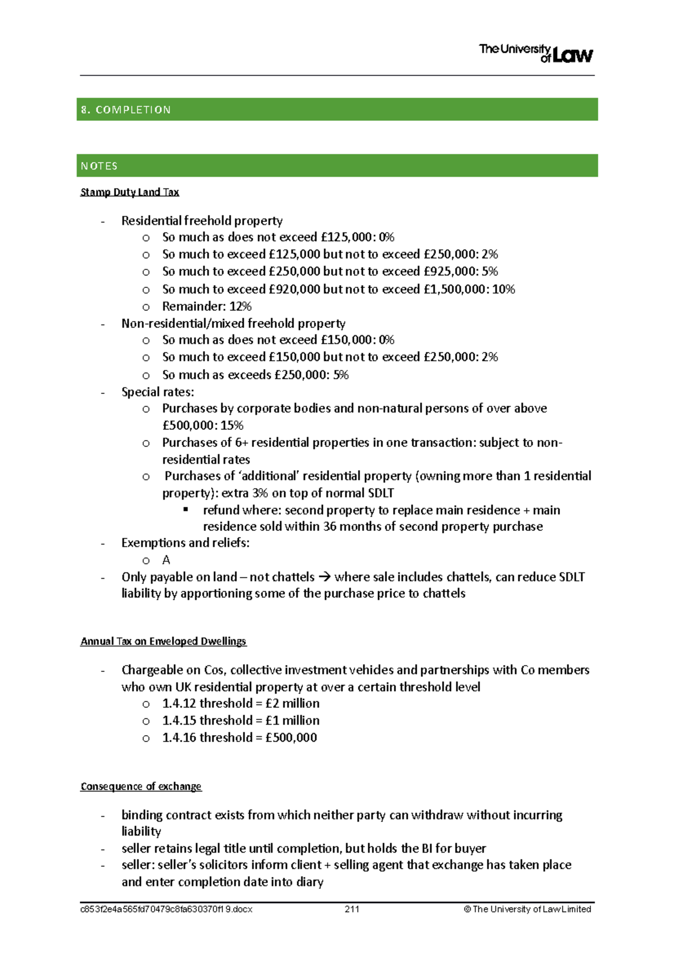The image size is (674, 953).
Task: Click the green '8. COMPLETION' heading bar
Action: (337, 109)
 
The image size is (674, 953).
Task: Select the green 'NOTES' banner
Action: (337, 166)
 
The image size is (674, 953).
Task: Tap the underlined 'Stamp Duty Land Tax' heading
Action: (130, 192)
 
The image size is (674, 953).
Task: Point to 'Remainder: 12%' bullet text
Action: (207, 306)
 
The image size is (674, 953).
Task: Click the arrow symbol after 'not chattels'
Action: (325, 577)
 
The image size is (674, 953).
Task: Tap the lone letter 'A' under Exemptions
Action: (166, 560)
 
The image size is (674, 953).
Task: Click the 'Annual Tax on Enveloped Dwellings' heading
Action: (163, 641)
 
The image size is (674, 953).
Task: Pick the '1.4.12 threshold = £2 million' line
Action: (240, 703)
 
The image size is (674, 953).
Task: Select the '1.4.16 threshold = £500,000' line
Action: (239, 737)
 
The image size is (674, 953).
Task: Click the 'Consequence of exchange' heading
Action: (141, 786)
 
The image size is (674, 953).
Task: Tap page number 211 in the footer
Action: (352, 909)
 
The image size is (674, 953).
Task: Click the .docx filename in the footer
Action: (166, 909)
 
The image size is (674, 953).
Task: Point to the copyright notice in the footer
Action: (527, 909)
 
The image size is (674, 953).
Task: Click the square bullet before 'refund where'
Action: (186, 510)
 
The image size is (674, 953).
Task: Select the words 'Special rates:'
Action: (158, 392)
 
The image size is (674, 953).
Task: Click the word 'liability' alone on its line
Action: (142, 831)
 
